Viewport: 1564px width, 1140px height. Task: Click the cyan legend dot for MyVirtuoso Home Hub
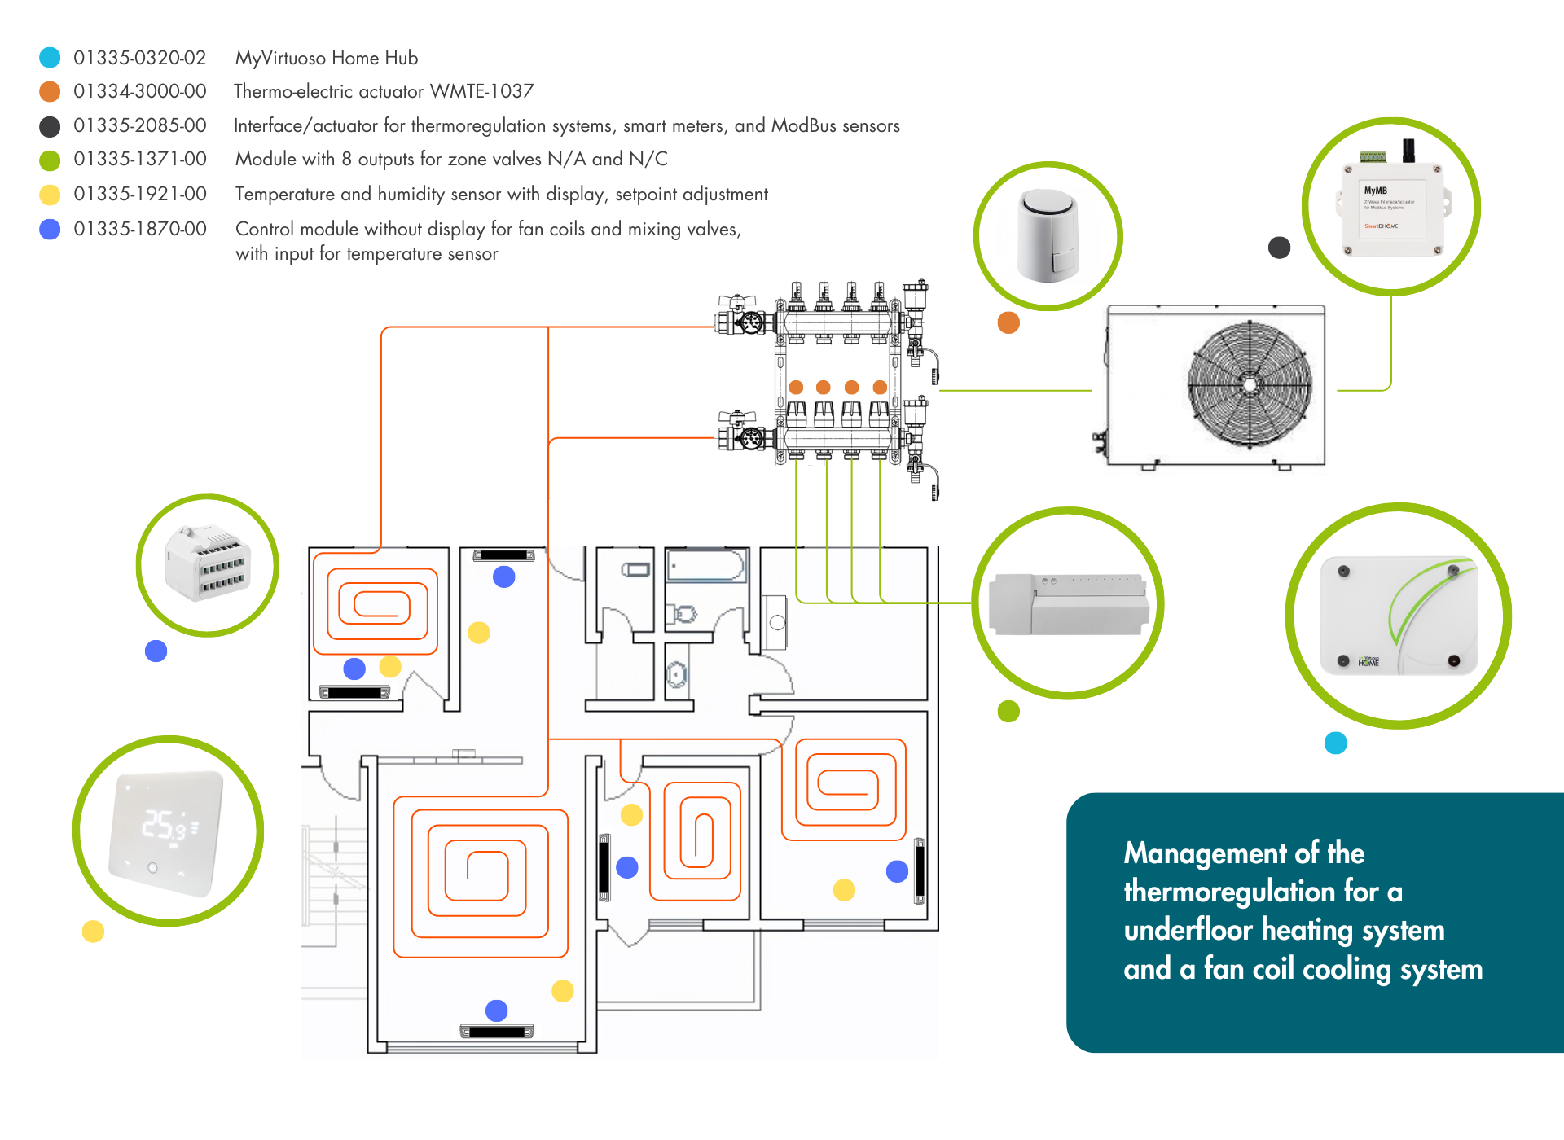click(x=50, y=57)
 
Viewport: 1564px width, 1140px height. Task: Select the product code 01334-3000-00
click(x=139, y=91)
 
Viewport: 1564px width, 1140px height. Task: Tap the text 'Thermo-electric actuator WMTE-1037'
click(x=384, y=91)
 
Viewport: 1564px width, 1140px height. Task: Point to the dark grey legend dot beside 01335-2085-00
click(x=50, y=126)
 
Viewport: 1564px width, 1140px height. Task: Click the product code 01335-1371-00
click(x=139, y=159)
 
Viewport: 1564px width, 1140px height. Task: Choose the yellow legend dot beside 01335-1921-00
click(x=50, y=195)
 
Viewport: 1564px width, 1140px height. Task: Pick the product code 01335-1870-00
click(x=139, y=229)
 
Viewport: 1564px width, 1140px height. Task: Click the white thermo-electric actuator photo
click(x=1048, y=236)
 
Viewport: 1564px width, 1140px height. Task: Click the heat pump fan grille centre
click(x=1250, y=384)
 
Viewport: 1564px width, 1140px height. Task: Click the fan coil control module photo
click(x=208, y=563)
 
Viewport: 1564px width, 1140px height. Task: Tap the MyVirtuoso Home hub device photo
click(x=1398, y=616)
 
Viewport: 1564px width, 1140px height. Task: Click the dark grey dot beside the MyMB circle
click(x=1280, y=248)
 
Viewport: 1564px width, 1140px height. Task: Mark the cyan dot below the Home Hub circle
click(x=1336, y=743)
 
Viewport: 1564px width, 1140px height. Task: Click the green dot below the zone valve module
click(x=1008, y=711)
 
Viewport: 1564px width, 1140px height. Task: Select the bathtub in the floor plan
click(x=705, y=565)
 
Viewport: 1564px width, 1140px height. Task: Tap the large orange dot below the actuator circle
click(x=1008, y=322)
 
